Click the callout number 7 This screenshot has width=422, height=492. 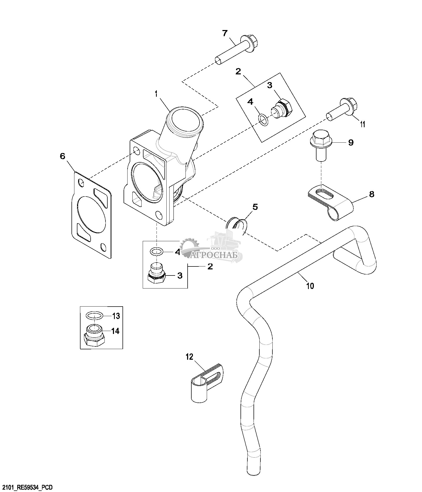click(225, 33)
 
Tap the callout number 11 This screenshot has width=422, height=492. click(363, 124)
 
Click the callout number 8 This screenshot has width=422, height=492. click(372, 194)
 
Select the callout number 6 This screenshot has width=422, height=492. click(62, 156)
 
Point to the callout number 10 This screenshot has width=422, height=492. click(310, 286)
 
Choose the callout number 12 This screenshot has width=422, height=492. click(189, 357)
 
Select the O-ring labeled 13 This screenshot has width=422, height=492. click(95, 315)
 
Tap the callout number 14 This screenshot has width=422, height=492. click(115, 331)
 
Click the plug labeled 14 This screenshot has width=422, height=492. click(94, 336)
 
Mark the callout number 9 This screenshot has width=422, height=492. click(351, 143)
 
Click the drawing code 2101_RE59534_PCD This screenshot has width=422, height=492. click(27, 487)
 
